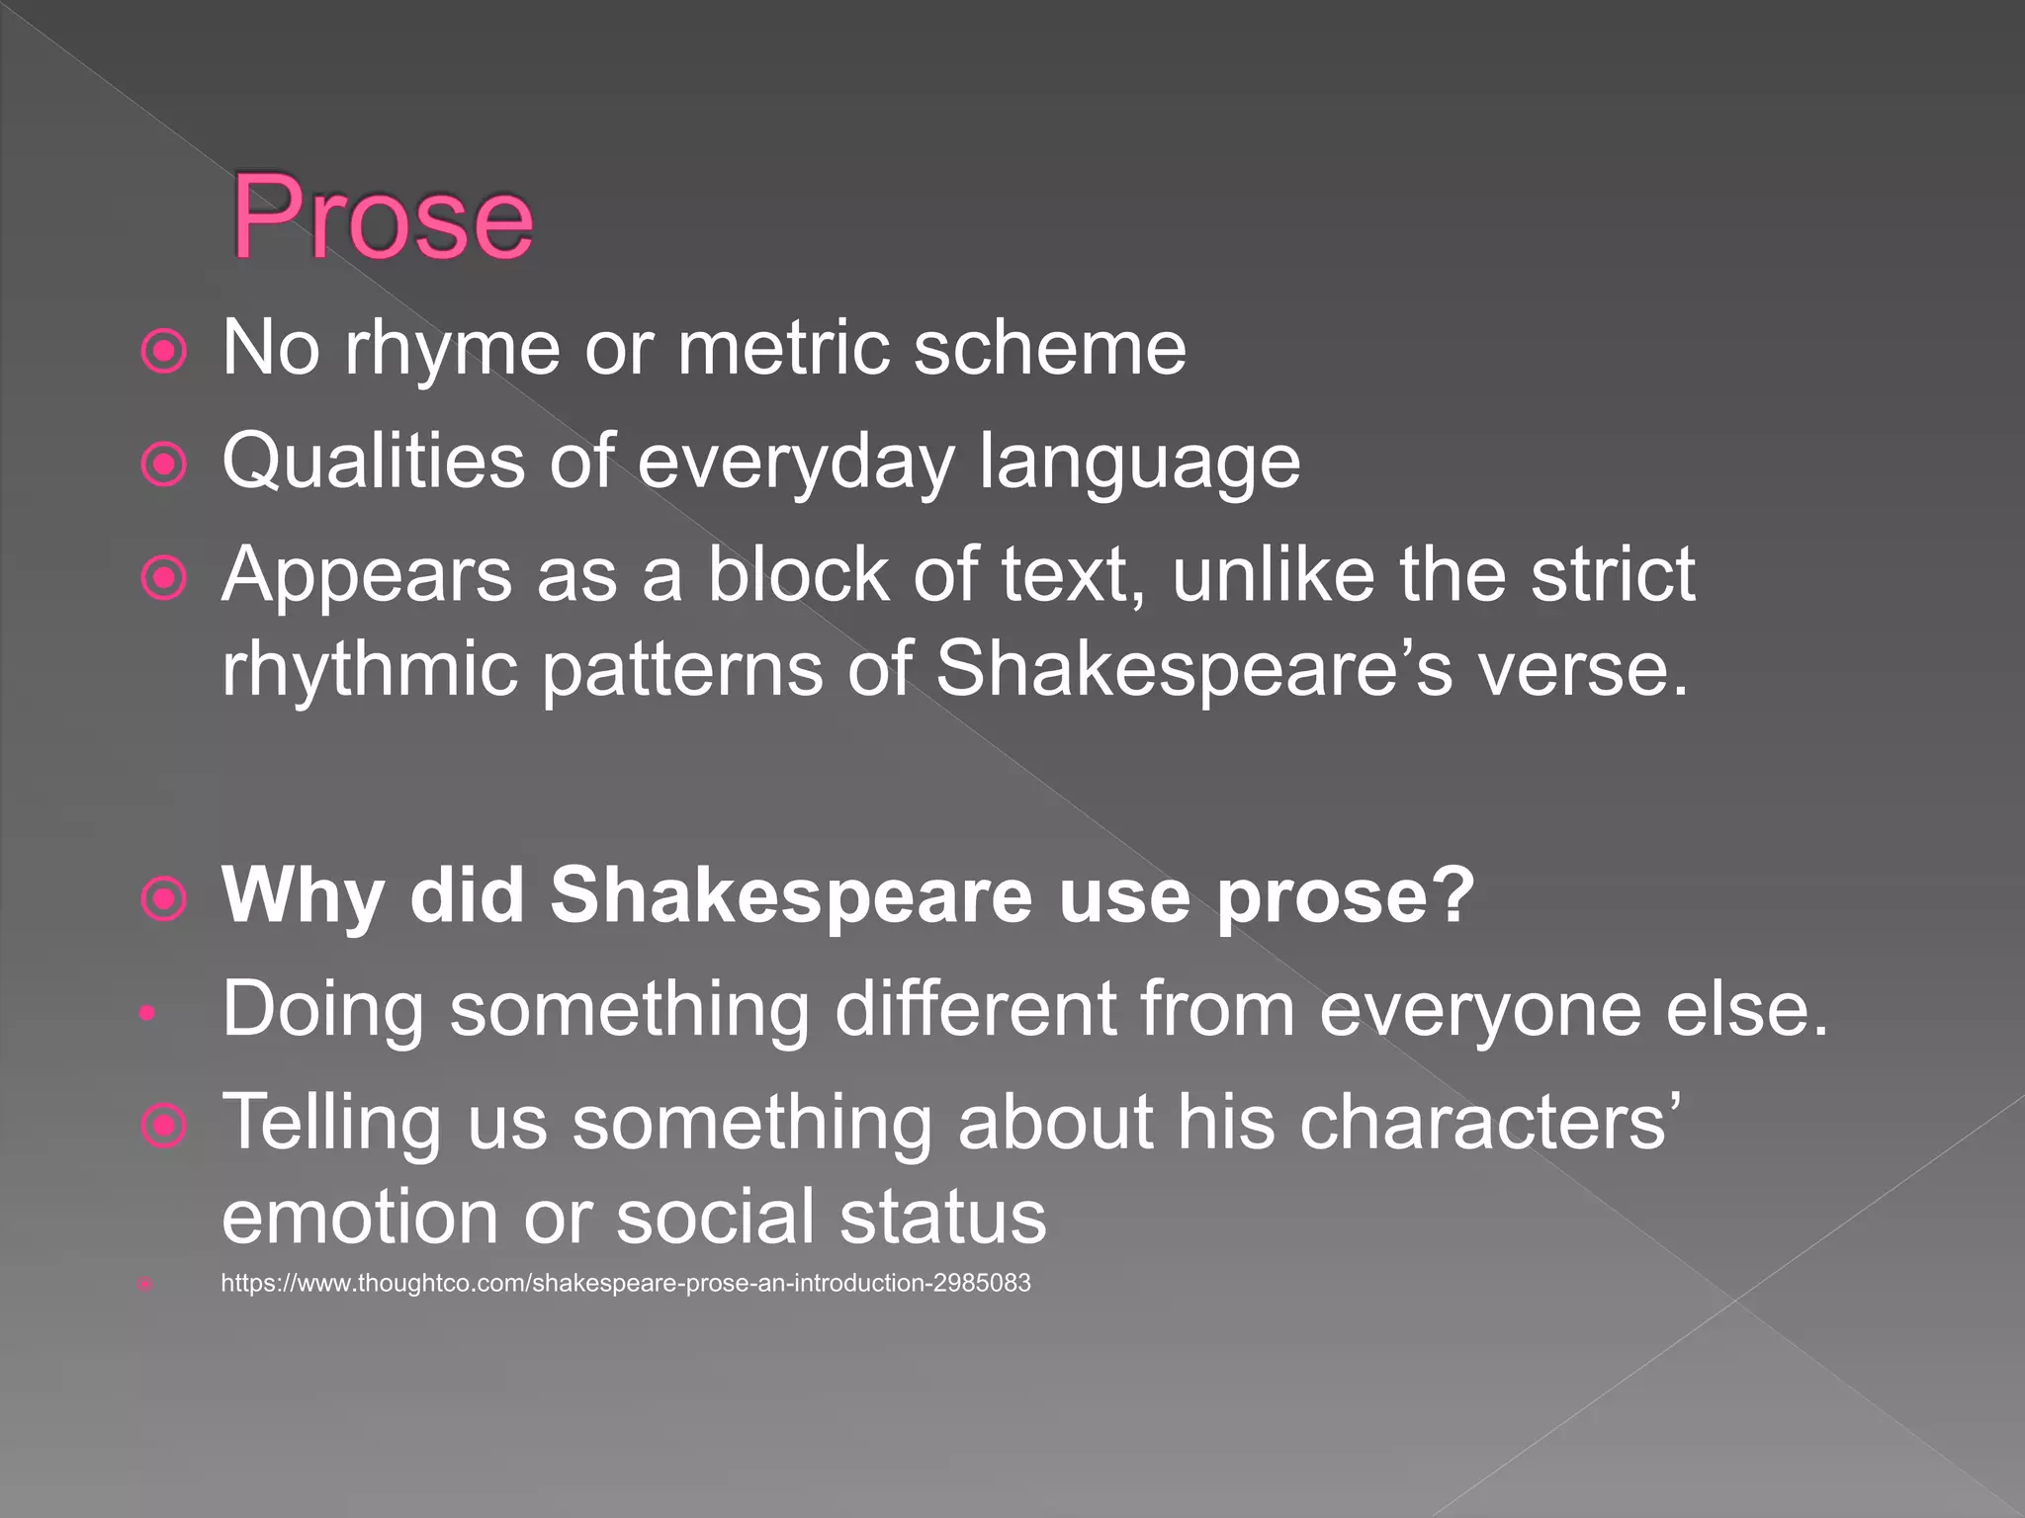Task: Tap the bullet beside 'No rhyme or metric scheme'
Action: point(164,351)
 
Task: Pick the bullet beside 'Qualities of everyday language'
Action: point(164,464)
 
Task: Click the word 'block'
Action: point(797,574)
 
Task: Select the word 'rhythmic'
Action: point(370,670)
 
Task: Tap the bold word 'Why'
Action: point(303,896)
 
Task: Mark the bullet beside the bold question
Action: point(164,899)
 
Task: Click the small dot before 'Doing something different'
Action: point(146,1012)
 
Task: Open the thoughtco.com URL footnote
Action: point(625,1284)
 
